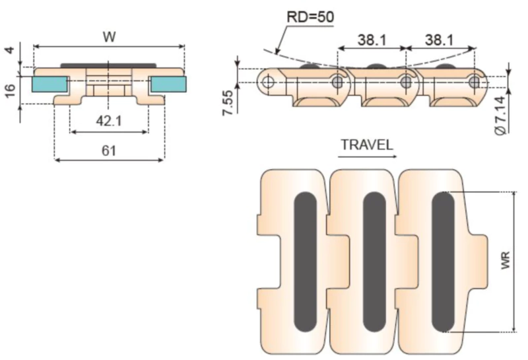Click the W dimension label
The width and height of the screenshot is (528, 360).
pyautogui.click(x=110, y=37)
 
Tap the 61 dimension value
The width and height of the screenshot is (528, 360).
pyautogui.click(x=110, y=151)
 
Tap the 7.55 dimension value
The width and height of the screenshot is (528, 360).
pyautogui.click(x=228, y=103)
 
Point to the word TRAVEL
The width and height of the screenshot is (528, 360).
pyautogui.click(x=367, y=145)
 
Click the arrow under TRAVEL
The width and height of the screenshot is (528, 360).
pyautogui.click(x=367, y=157)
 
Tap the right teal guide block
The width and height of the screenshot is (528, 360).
pyautogui.click(x=168, y=84)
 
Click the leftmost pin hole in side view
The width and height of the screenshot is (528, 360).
pyautogui.click(x=269, y=82)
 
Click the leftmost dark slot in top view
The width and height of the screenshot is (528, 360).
pyautogui.click(x=305, y=263)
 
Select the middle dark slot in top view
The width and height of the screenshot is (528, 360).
pyautogui.click(x=374, y=263)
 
